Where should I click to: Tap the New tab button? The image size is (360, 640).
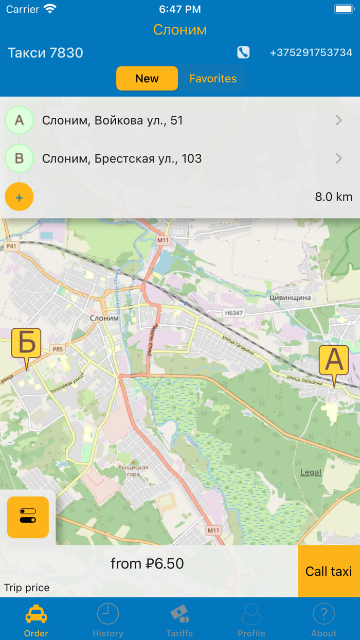pyautogui.click(x=147, y=79)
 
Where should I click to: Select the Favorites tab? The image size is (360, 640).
pyautogui.click(x=213, y=79)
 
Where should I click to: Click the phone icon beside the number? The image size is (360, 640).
pyautogui.click(x=243, y=52)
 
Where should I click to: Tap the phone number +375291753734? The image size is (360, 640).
pyautogui.click(x=311, y=52)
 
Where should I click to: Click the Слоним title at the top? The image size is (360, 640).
pyautogui.click(x=180, y=30)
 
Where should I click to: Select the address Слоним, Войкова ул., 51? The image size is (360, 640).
pyautogui.click(x=113, y=120)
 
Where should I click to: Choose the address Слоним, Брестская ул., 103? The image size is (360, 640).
pyautogui.click(x=122, y=158)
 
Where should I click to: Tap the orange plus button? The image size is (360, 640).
pyautogui.click(x=19, y=197)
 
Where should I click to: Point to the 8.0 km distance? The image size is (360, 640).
pyautogui.click(x=334, y=197)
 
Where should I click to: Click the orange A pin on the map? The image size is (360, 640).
pyautogui.click(x=334, y=361)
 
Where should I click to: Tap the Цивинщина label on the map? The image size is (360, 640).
pyautogui.click(x=290, y=297)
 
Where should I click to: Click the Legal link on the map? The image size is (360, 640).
pyautogui.click(x=311, y=472)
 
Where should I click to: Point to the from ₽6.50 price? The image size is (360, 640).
pyautogui.click(x=147, y=564)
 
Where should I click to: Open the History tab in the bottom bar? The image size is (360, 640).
pyautogui.click(x=108, y=620)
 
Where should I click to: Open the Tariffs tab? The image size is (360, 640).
pyautogui.click(x=180, y=620)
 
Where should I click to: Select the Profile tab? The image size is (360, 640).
pyautogui.click(x=251, y=620)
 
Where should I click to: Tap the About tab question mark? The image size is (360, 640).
pyautogui.click(x=324, y=614)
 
